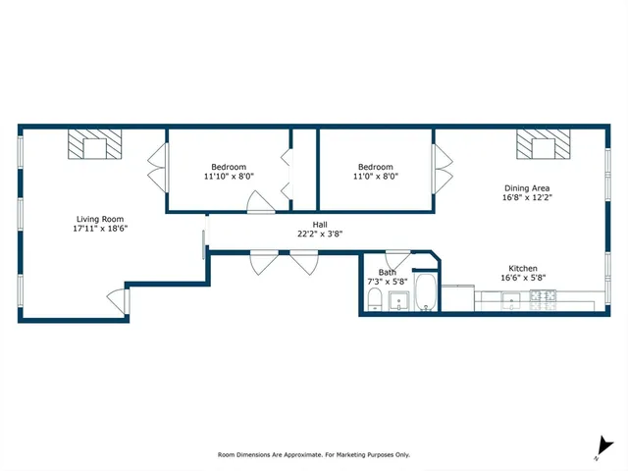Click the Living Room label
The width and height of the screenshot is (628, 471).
coord(100,219)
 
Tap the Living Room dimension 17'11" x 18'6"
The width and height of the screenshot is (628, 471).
coord(100,229)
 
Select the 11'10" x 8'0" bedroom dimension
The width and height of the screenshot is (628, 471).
coord(229,177)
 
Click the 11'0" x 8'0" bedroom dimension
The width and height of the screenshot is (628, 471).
coord(376,177)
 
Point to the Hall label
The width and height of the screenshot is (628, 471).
coord(320,225)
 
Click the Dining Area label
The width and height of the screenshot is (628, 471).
coord(527,187)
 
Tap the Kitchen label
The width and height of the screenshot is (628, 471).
coord(523,268)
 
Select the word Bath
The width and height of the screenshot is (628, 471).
coord(387,273)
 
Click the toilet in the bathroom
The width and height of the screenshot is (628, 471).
coord(375,299)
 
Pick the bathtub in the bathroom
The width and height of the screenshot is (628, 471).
coord(426,291)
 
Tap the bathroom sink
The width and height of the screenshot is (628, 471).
coord(399,301)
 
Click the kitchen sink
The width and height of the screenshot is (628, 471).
coord(511,300)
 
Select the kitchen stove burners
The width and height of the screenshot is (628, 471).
coord(543,300)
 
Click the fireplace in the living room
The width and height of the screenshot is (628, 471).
coord(94,144)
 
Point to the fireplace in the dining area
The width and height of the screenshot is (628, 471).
coord(543,144)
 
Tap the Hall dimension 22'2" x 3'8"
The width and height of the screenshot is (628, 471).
coord(320,234)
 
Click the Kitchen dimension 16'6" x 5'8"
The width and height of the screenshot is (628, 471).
coord(523,278)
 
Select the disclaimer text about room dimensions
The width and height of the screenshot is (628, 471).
coord(314,455)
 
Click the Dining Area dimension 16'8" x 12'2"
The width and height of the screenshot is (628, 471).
coord(527,197)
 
